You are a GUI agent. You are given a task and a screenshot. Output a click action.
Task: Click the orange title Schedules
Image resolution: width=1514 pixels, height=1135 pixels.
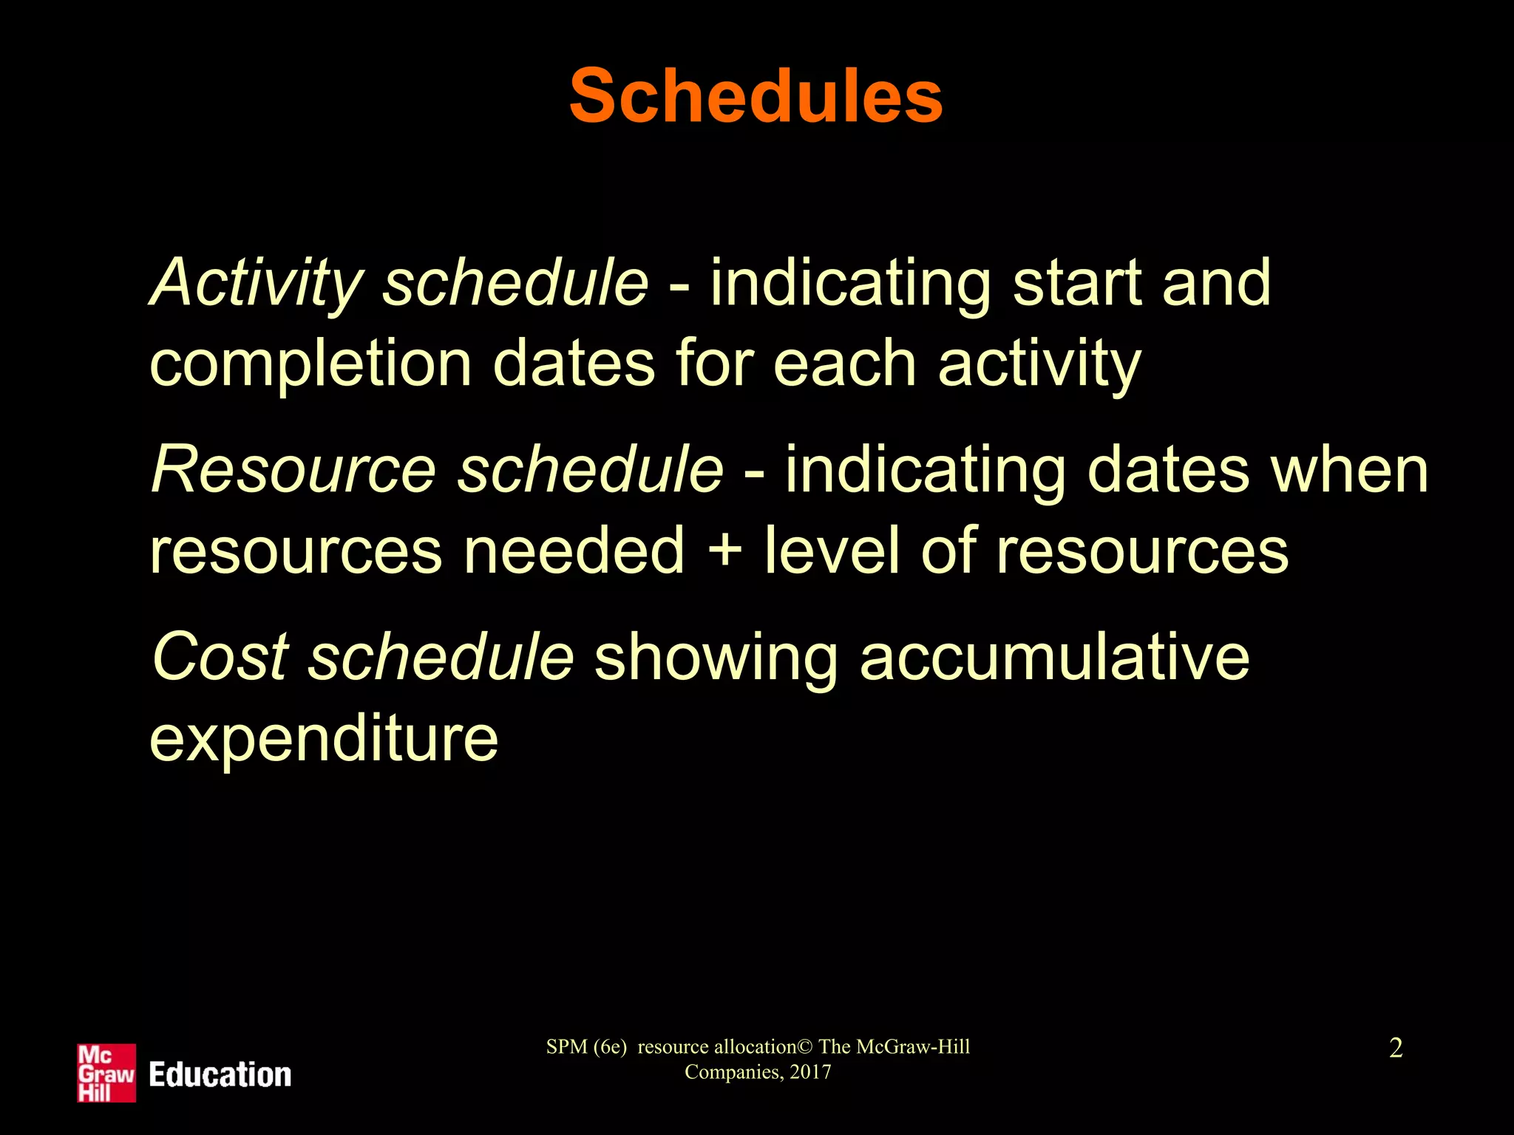756,97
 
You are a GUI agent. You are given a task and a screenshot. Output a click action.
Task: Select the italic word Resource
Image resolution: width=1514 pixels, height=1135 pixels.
293,470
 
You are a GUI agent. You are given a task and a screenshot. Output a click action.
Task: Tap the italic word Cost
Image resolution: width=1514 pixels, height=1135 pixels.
220,656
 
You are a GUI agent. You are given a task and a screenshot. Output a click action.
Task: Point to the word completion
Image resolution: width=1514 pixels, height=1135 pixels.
310,365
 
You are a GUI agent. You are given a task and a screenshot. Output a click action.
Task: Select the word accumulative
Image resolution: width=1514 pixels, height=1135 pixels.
1054,656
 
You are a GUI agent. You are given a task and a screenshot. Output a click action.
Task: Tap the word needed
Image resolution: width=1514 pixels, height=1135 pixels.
574,550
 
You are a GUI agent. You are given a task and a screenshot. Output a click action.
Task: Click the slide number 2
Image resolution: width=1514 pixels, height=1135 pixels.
1396,1048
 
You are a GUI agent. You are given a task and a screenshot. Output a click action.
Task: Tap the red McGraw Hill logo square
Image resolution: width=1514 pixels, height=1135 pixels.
106,1073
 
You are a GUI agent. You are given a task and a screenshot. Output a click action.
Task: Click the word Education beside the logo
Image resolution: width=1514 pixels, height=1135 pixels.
220,1074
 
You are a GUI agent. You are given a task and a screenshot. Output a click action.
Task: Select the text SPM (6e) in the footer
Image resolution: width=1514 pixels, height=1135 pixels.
586,1047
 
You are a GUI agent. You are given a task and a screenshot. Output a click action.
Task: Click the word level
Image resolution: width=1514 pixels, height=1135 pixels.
832,550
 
